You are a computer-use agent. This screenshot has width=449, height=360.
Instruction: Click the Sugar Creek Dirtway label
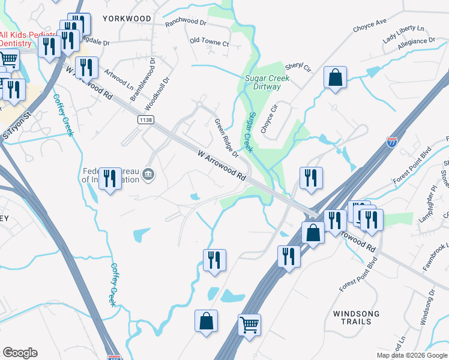[x=267, y=82]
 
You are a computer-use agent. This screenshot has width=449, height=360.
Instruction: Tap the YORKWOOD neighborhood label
[x=127, y=19]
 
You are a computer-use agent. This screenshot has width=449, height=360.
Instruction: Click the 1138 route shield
[x=145, y=120]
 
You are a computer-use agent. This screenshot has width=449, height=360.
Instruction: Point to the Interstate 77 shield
[x=391, y=143]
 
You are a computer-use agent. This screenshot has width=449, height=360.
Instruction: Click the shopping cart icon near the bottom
[x=249, y=325]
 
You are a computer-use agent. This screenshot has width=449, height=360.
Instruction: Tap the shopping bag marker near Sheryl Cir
[x=335, y=77]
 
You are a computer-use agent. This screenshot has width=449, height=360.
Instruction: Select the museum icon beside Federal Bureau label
[x=148, y=175]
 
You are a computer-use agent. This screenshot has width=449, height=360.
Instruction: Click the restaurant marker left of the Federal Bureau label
[x=110, y=178]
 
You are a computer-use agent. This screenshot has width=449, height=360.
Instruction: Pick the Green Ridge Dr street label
[x=228, y=137]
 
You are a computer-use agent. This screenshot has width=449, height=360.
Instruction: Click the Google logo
[x=20, y=353]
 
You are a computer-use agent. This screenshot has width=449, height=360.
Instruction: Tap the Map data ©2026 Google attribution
[x=412, y=355]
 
